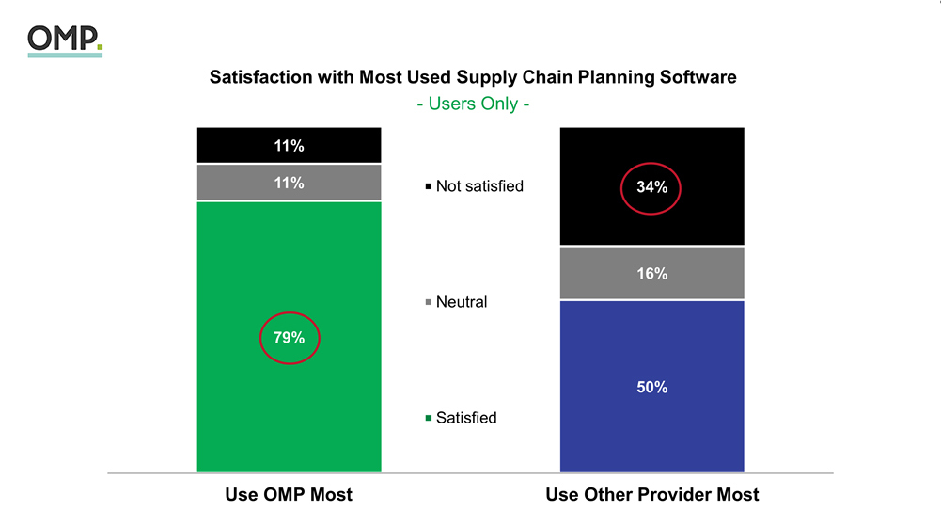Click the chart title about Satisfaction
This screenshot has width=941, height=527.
coord(472,77)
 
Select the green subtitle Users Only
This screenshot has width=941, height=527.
coord(472,104)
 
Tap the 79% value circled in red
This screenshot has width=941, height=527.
coord(290,338)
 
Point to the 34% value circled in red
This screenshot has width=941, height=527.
coord(651,187)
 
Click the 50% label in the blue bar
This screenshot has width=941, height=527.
coord(651,387)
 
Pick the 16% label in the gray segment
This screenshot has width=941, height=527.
coord(651,274)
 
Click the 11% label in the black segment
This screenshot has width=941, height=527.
coord(290,146)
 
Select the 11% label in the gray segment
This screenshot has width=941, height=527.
coord(290,183)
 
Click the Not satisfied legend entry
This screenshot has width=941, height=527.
coord(479,186)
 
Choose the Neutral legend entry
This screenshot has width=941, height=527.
coord(462,302)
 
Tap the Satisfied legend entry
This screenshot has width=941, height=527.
coord(466,418)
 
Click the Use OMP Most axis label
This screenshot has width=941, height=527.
coord(289,495)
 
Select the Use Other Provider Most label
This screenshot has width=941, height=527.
coord(651,495)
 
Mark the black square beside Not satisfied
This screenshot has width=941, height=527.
coord(429,187)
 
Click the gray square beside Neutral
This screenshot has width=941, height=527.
coord(429,303)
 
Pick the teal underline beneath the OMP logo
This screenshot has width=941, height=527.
coord(65,55)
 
